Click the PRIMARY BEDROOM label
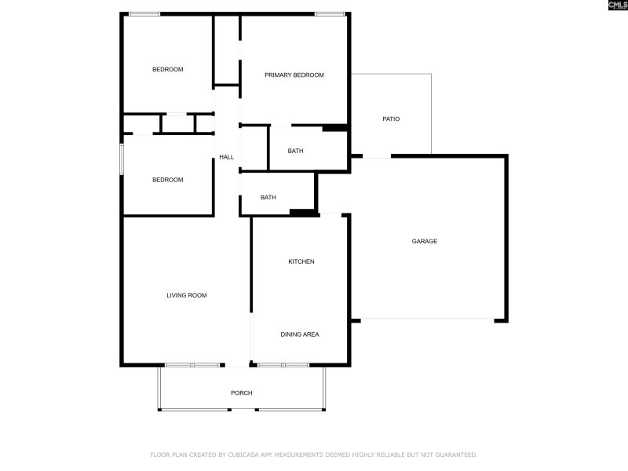294,75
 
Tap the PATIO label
391,119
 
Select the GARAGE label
425,241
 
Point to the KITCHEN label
301,261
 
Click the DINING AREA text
300,334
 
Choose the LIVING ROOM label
187,295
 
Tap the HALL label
226,157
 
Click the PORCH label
241,392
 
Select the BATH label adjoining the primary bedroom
295,151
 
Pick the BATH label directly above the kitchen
268,198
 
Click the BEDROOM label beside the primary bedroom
167,70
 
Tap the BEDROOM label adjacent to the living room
167,180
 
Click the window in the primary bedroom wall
330,13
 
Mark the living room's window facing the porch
192,365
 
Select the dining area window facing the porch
283,365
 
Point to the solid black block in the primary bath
335,128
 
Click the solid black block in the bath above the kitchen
301,211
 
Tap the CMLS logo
619,5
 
